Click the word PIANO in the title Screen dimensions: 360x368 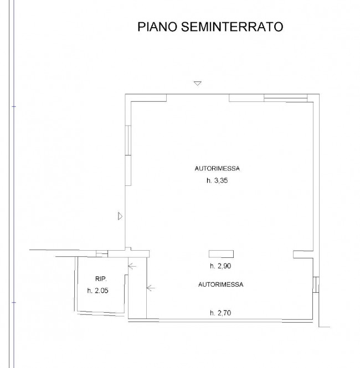coord(157,27)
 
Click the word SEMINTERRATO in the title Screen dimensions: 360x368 coord(232,27)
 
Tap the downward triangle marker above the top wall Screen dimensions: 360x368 coord(198,84)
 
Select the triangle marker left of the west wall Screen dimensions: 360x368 coord(120,216)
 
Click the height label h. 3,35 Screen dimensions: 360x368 coord(217,180)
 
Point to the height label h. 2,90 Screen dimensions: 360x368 coord(220,266)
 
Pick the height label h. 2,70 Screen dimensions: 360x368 coord(220,313)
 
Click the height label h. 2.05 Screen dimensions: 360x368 coord(97,291)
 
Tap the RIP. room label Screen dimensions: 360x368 coord(101,279)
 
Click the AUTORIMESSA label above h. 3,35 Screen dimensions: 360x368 coord(217,169)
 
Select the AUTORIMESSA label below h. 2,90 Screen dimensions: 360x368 coord(221,284)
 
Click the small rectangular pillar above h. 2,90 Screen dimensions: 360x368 coord(221,254)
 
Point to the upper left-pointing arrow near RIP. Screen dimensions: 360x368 coord(132,266)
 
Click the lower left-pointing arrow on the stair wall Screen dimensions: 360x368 coord(151,288)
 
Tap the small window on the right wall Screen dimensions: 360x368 coord(316,284)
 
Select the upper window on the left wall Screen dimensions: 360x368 coord(128,140)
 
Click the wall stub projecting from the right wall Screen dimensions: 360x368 coord(303,255)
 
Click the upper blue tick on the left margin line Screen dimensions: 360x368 coord(14,107)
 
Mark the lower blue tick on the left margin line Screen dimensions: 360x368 coord(14,303)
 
